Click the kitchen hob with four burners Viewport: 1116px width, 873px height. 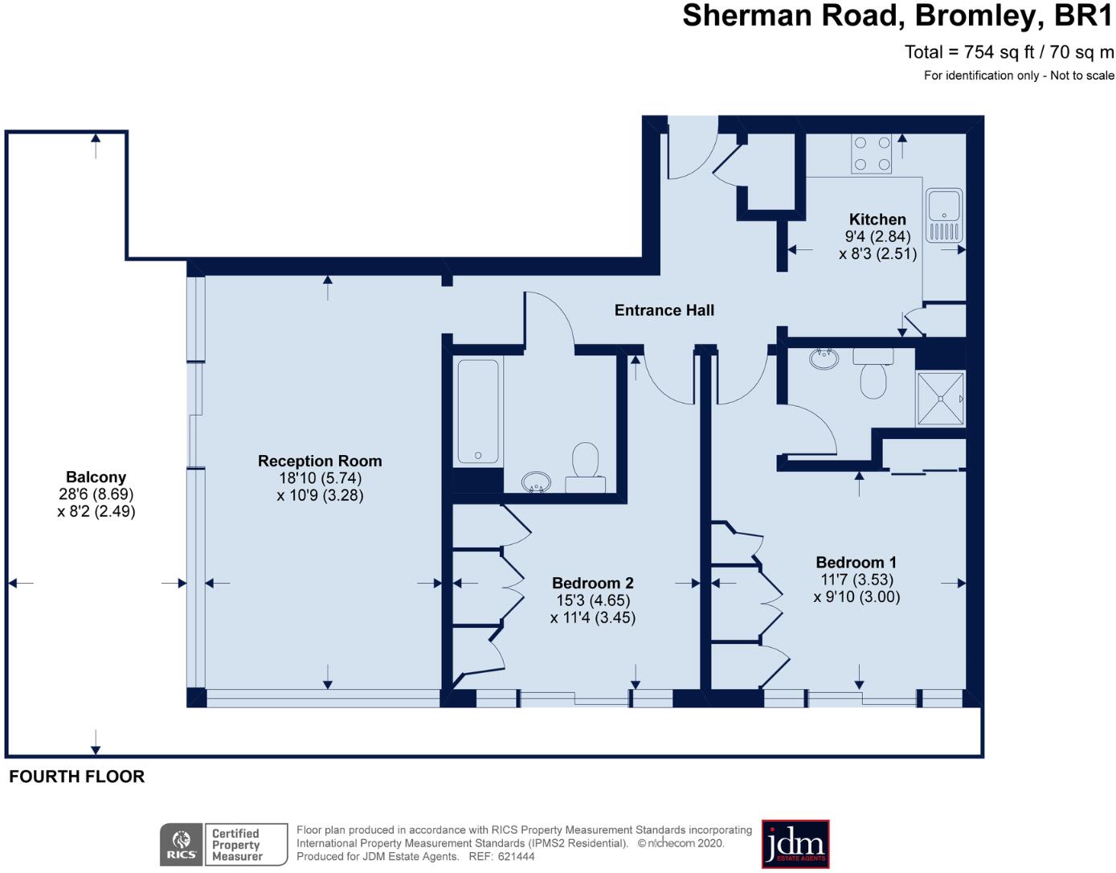tap(872, 154)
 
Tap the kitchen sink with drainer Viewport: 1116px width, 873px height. tap(944, 216)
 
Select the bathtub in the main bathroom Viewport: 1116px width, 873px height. tap(478, 412)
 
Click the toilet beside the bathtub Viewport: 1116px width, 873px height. tap(585, 464)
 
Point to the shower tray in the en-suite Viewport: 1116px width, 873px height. tap(941, 399)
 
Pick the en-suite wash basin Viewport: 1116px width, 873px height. tap(824, 359)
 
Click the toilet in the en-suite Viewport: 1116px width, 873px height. tap(873, 375)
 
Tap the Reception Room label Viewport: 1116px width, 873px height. tap(320, 461)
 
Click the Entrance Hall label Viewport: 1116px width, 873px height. tap(664, 310)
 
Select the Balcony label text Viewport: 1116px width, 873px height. tap(96, 477)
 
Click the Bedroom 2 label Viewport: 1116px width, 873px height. tap(592, 584)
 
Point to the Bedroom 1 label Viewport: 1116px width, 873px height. tap(856, 563)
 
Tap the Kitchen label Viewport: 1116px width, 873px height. tap(877, 219)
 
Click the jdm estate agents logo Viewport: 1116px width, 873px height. tap(795, 844)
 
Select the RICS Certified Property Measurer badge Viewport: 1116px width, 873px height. tap(223, 845)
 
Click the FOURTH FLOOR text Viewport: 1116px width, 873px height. tap(77, 777)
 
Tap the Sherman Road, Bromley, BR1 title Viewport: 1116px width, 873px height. tap(897, 16)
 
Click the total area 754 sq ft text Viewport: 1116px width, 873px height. tap(1009, 52)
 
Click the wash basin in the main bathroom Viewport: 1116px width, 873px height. tap(535, 482)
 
